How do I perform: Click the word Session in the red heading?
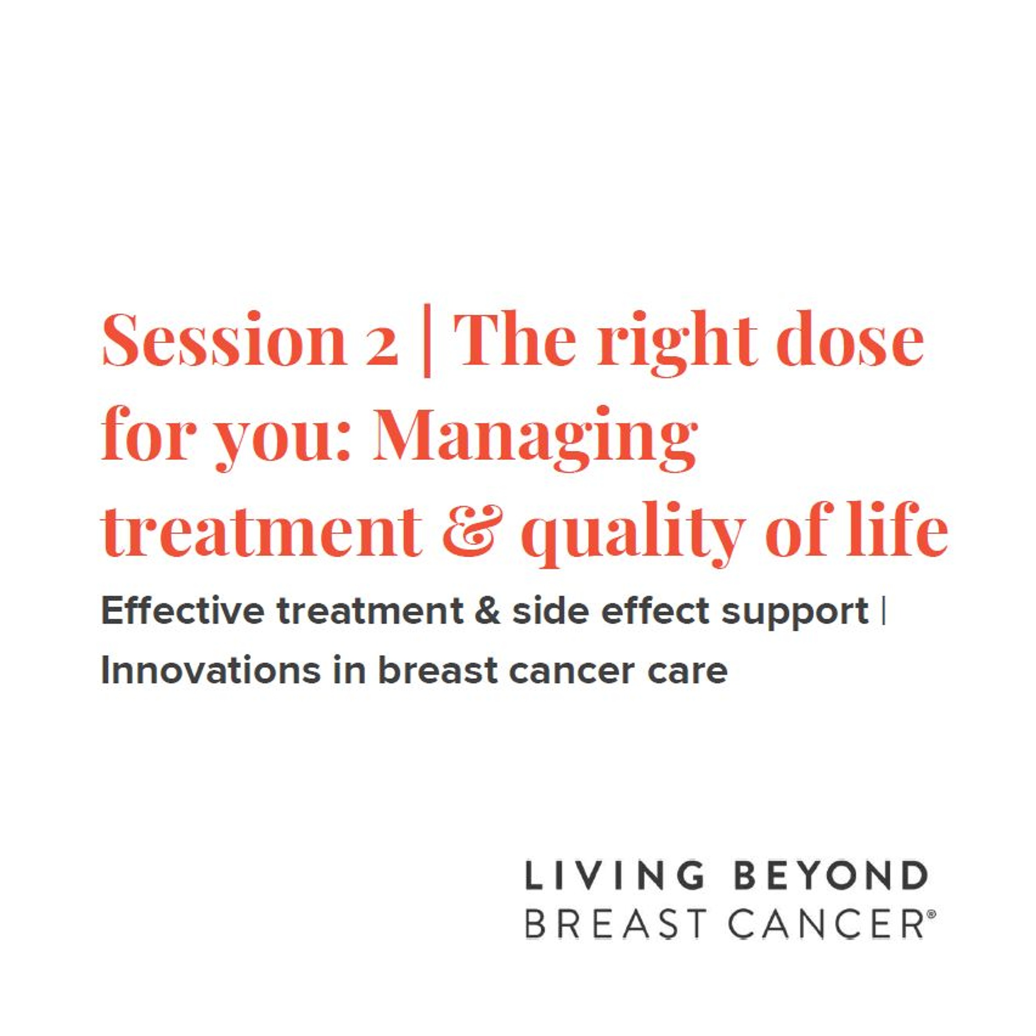click(x=224, y=341)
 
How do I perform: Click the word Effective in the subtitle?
click(x=182, y=611)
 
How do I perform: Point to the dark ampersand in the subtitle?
click(x=487, y=611)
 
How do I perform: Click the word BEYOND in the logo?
click(x=830, y=876)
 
